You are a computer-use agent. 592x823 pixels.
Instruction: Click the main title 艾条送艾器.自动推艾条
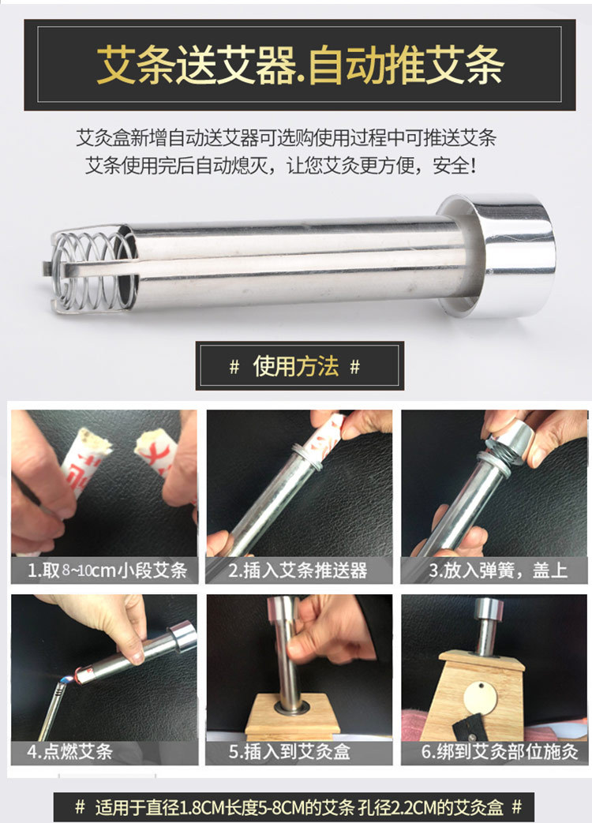tap(300, 65)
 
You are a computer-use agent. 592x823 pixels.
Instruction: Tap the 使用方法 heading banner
tap(300, 366)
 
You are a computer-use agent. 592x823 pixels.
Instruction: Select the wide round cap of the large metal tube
tap(501, 255)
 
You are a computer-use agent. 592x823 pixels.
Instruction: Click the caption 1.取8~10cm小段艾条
tap(107, 570)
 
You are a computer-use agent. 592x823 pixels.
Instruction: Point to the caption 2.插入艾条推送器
tap(298, 570)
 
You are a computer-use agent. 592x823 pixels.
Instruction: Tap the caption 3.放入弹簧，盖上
tap(498, 570)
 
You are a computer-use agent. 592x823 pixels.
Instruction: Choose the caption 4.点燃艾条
tap(69, 752)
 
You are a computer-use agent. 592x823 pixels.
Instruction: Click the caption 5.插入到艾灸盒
tap(290, 752)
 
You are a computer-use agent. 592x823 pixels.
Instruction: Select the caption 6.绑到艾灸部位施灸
tap(500, 752)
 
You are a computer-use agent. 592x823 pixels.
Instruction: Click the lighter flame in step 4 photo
tap(66, 680)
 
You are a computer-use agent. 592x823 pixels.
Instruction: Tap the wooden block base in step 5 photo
tap(291, 714)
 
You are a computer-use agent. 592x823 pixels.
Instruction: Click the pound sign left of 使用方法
tap(234, 366)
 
